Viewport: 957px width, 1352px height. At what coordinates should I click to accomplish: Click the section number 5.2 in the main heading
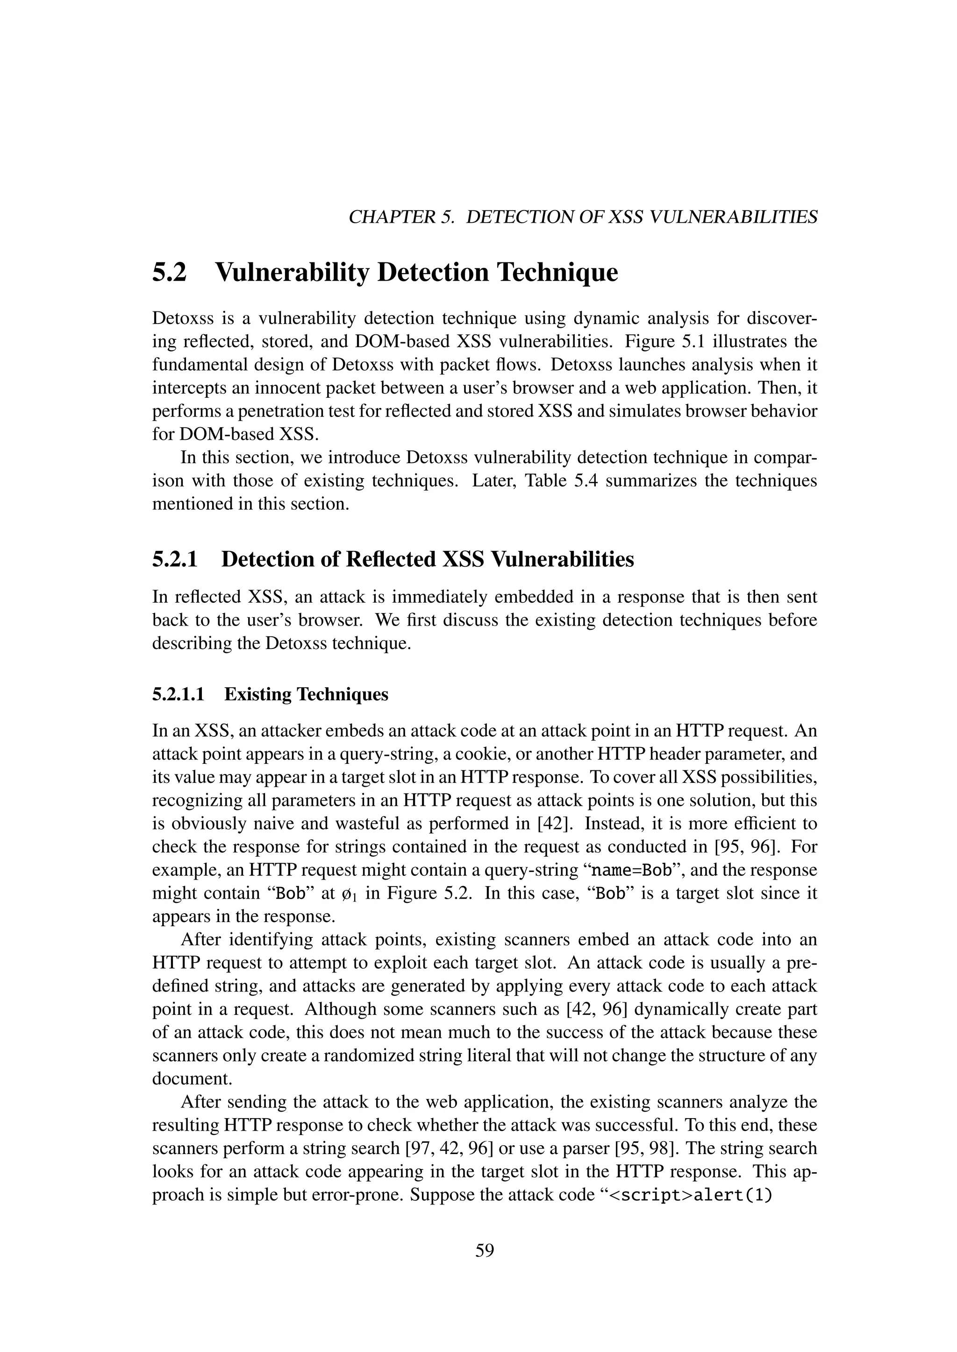pyautogui.click(x=169, y=273)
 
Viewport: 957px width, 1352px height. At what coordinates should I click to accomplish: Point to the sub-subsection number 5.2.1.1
pyautogui.click(x=178, y=694)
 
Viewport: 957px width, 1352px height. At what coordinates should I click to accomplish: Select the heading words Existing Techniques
pyautogui.click(x=307, y=694)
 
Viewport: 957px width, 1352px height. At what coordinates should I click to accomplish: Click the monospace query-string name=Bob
pyautogui.click(x=630, y=870)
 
